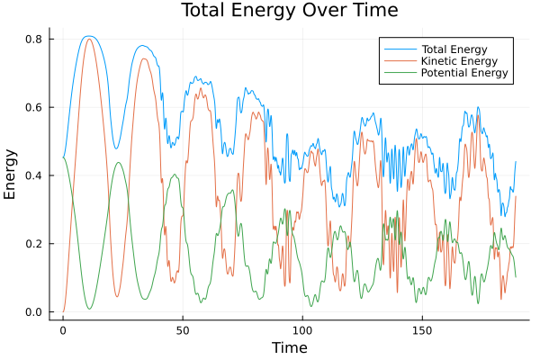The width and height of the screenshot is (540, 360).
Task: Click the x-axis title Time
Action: pos(290,347)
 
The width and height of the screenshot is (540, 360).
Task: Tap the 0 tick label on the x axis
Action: pos(63,330)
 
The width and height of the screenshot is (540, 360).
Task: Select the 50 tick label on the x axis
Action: pos(183,330)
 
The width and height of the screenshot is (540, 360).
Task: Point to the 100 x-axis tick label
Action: pos(302,330)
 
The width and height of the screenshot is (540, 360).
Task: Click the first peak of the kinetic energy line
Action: pos(88,39)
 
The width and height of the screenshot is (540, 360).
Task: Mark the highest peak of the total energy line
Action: pos(87,36)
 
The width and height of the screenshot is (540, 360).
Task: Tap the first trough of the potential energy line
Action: pos(89,309)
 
